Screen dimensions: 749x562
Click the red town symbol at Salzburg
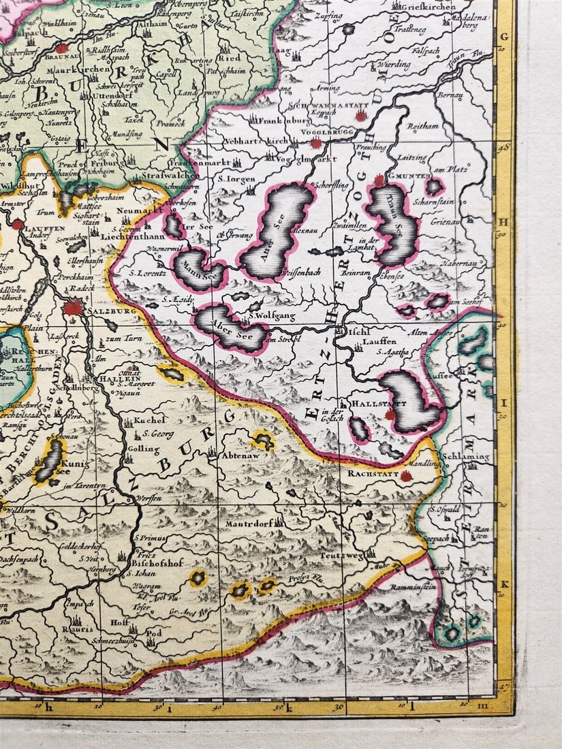(x=73, y=308)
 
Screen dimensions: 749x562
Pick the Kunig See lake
(x=50, y=461)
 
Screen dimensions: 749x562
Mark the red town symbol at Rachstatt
(x=407, y=476)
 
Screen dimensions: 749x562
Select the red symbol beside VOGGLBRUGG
(x=315, y=144)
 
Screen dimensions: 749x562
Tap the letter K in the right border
(x=505, y=584)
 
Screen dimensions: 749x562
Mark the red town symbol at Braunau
(x=62, y=48)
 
